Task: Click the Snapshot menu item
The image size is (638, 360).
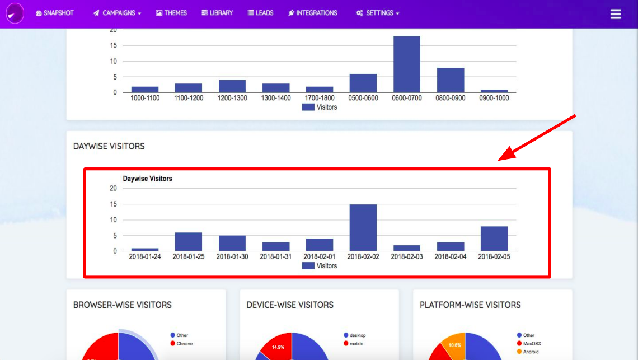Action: tap(55, 13)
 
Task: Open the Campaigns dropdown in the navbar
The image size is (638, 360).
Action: tap(117, 13)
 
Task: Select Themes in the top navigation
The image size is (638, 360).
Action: tap(171, 13)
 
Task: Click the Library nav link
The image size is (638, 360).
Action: tap(217, 13)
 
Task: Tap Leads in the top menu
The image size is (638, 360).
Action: tap(260, 13)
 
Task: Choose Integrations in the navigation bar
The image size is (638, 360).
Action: tap(313, 13)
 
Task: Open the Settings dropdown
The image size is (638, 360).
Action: tap(378, 13)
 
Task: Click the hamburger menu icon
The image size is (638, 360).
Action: tap(616, 14)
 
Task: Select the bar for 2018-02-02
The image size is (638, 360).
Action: tap(363, 228)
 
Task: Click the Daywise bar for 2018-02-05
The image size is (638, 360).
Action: tap(494, 239)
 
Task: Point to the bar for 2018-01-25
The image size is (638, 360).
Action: tap(189, 242)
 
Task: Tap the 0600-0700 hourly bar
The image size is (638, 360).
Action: tap(407, 64)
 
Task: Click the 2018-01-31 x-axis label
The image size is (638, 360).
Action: tap(276, 256)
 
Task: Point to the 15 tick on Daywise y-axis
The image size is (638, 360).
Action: tap(113, 204)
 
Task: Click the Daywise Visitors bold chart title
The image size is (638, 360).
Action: tap(148, 179)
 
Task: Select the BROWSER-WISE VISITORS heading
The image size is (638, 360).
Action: tap(123, 305)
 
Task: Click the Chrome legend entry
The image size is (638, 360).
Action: tap(184, 343)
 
